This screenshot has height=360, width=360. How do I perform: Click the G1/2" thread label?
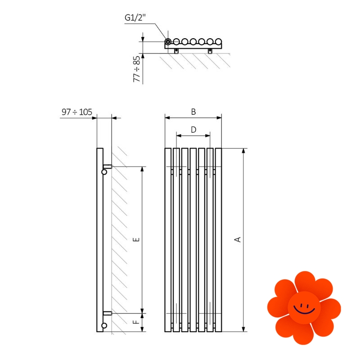point(135,18)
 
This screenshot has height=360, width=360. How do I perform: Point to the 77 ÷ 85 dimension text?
point(137,69)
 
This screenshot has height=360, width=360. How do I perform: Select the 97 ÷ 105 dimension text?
point(77,112)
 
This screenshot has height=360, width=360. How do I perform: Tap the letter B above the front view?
point(193,112)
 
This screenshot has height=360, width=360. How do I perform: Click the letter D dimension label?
point(193,130)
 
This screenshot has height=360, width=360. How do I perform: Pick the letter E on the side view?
point(136,239)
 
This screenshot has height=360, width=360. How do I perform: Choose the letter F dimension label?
point(136,322)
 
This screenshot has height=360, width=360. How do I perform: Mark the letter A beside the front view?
point(238,239)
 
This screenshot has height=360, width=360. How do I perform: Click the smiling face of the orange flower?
point(304,308)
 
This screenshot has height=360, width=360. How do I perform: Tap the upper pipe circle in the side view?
point(104,172)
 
